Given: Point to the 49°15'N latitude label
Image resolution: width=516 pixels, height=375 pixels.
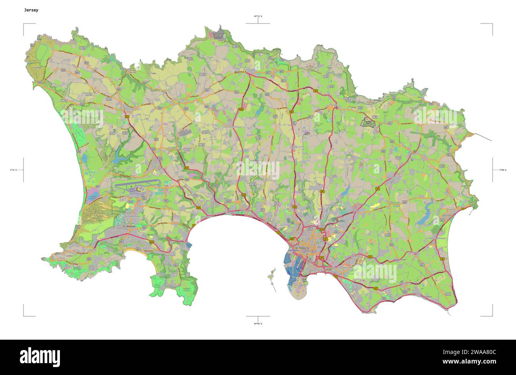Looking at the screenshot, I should click(258, 16).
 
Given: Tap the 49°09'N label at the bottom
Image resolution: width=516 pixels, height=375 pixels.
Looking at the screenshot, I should click(258, 324).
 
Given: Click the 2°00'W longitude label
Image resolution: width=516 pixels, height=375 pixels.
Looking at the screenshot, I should click(503, 170).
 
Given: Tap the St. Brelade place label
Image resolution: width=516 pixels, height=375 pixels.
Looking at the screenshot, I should click(129, 226).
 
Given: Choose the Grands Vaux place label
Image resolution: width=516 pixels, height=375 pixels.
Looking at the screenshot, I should click(333, 205).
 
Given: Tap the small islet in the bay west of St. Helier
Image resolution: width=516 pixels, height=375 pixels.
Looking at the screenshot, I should click(271, 273).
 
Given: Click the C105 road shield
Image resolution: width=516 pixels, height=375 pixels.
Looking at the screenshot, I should click(82, 48).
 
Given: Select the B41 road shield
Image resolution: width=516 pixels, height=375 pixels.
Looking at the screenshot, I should click(98, 186).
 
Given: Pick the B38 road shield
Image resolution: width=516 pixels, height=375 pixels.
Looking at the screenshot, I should click(431, 104).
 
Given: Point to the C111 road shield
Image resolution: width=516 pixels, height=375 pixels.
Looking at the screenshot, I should click(448, 294).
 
